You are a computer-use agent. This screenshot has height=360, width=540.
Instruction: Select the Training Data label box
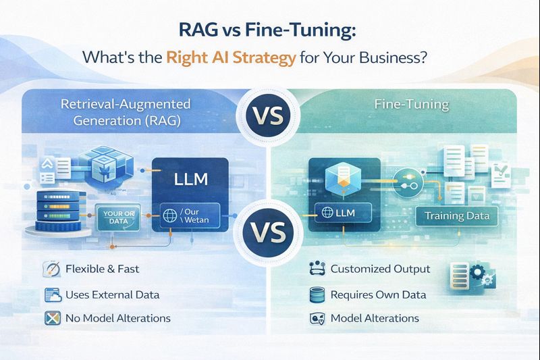coord(456,217)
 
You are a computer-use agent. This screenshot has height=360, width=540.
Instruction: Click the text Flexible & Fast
coord(102,269)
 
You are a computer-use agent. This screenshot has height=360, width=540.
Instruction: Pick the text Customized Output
coord(380,269)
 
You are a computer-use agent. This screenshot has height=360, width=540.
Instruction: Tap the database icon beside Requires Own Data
coord(316,294)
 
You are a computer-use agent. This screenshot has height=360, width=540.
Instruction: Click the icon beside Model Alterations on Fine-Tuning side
coord(316,318)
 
